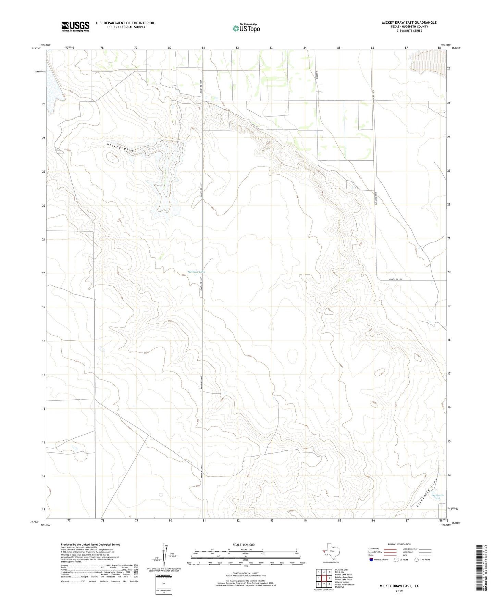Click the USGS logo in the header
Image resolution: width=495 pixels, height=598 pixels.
click(75, 26)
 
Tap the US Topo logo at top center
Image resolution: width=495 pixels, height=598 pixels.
click(246, 28)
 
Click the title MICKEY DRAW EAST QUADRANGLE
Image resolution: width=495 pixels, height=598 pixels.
click(409, 23)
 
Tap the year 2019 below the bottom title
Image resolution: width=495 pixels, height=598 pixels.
click(399, 591)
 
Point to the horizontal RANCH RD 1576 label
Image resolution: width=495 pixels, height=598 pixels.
click(397, 279)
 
